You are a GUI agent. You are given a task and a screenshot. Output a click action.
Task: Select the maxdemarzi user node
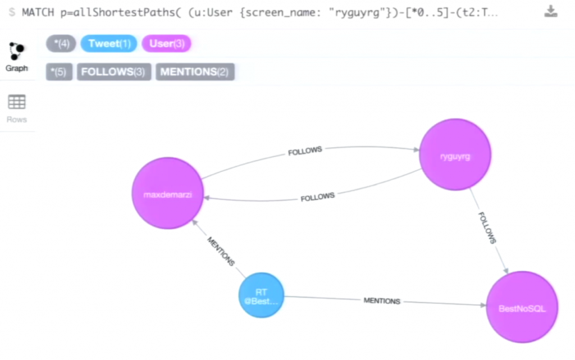pos(167,193)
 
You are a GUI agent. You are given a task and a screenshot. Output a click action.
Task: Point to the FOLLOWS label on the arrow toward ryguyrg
pos(305,152)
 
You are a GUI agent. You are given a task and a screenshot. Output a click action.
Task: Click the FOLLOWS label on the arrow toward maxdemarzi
pos(317,197)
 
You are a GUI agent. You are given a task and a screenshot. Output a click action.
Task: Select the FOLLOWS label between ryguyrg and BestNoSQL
pos(487,227)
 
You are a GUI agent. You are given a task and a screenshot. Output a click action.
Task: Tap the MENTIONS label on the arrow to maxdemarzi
pos(221,251)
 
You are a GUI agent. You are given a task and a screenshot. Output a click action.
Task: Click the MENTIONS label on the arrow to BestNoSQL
pos(382,301)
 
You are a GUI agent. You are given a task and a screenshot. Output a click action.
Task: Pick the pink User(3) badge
pos(166,44)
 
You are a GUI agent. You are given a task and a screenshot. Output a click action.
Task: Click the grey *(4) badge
pos(61,44)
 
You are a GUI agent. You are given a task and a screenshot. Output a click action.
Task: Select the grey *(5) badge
pos(59,72)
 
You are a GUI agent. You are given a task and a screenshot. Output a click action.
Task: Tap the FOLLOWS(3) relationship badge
pos(114,72)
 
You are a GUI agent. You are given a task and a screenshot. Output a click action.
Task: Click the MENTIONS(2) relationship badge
pos(195,72)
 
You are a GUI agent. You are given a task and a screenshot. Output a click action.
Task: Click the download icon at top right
pos(551,12)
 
